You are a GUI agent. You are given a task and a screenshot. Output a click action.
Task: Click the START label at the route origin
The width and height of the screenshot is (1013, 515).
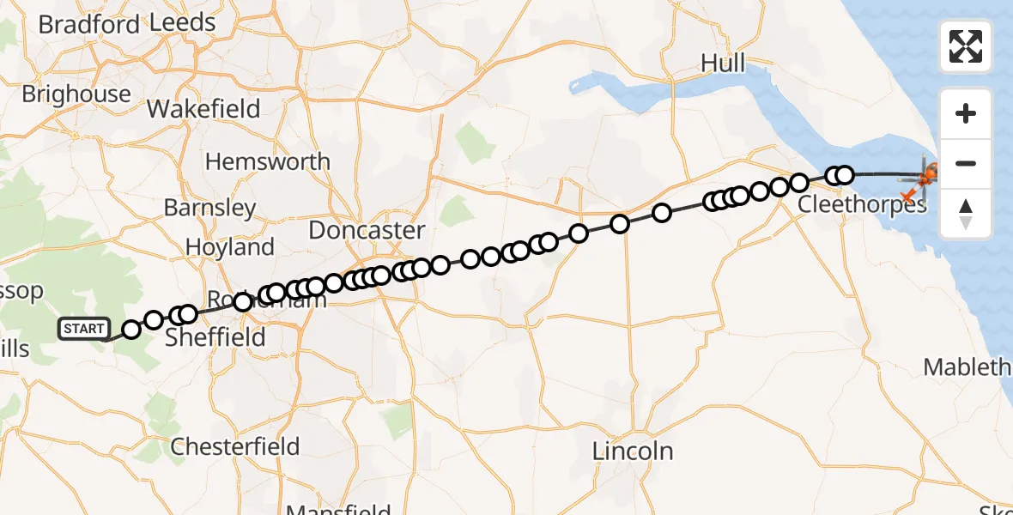pos(83,329)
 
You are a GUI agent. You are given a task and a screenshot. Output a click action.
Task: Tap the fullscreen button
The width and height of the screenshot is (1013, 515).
pos(966,46)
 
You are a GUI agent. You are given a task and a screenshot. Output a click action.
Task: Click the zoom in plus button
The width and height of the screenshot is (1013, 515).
pos(966,113)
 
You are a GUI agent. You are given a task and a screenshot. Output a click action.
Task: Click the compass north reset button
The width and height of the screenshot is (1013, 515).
pos(966,214)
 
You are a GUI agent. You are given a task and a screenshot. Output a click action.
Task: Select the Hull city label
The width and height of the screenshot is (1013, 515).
pos(723,63)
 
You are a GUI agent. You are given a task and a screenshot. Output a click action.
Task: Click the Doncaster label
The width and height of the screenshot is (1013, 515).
pos(367,230)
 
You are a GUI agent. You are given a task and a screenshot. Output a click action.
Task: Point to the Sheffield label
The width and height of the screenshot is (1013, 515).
pos(215,337)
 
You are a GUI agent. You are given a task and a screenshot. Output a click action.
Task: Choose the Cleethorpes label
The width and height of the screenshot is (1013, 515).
pos(863,205)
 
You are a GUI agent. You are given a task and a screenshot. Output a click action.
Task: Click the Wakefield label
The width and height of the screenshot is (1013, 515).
pos(203,109)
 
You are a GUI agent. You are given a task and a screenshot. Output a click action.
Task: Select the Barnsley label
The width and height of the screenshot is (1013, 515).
pos(209,208)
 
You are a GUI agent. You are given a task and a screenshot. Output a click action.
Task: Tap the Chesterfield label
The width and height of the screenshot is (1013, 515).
pos(234,446)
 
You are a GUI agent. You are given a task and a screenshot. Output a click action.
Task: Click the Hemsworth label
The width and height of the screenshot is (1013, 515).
pos(267,161)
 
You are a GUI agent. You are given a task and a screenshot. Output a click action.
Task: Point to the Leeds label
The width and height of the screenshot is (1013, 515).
pos(182,23)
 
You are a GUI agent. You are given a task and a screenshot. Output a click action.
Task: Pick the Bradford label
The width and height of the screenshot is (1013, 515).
pos(88,25)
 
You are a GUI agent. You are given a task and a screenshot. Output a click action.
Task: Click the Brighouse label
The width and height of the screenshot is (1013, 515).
pos(76,94)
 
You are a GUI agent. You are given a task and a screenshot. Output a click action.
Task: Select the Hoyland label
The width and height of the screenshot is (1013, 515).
pos(230,247)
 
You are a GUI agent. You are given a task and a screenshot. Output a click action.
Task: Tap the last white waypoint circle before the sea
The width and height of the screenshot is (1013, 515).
pos(845,175)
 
